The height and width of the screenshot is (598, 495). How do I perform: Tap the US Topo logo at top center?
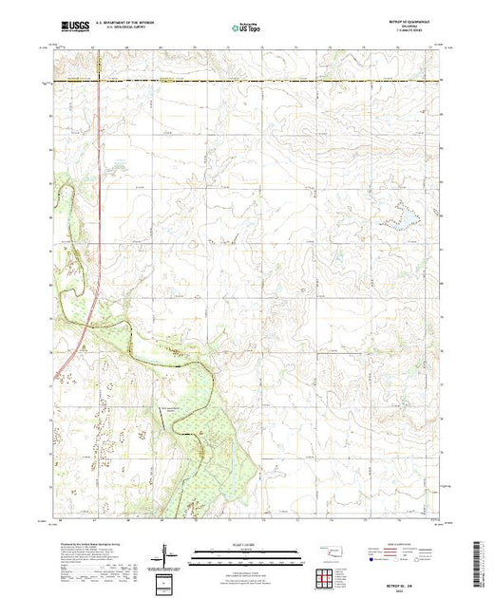pos(247,29)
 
